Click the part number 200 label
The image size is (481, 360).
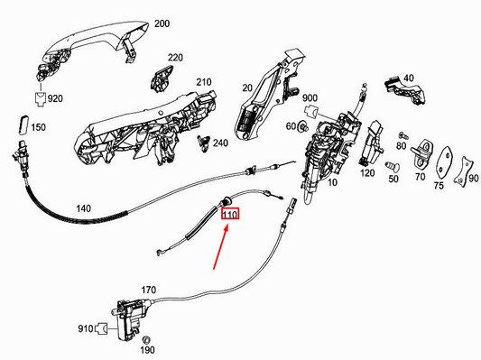[x=162, y=23]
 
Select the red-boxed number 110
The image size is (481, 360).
[x=230, y=214]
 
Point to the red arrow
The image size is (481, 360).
[x=220, y=247]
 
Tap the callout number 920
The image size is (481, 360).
[x=55, y=98]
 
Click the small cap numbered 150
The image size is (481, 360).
[x=23, y=125]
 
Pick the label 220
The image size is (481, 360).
[x=175, y=58]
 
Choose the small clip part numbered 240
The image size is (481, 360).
[x=203, y=143]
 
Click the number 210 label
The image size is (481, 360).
[x=204, y=82]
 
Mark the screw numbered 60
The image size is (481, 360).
[x=303, y=126]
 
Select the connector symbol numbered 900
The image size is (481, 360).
[x=310, y=111]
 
